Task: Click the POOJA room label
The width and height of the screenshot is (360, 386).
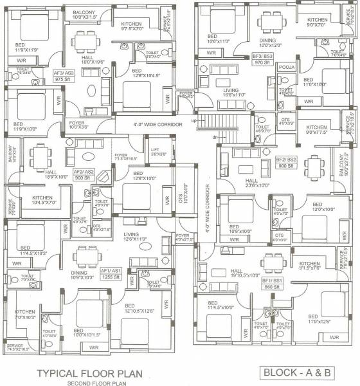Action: click(x=270, y=65)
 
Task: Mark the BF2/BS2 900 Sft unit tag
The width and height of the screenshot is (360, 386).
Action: click(x=289, y=163)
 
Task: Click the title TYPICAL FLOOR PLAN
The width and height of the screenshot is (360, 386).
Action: click(x=97, y=373)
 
